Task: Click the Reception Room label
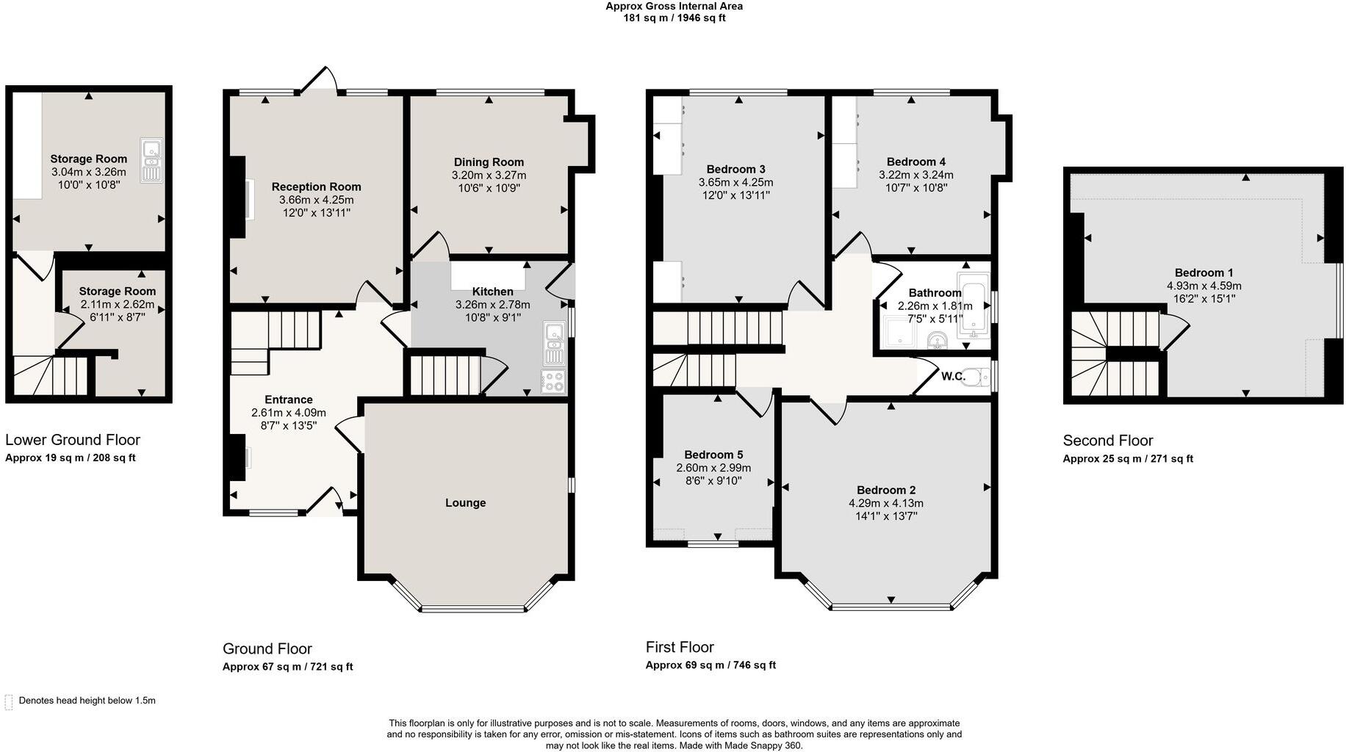point(316,187)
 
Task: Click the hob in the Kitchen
point(553,382)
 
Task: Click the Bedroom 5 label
point(713,455)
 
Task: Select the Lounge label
point(465,503)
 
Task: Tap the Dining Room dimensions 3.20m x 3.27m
point(489,176)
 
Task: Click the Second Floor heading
point(1107,441)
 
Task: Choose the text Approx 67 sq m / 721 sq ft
point(287,667)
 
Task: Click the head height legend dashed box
point(9,701)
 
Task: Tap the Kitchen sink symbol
point(553,344)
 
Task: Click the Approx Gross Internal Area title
point(674,6)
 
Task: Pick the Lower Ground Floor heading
point(72,440)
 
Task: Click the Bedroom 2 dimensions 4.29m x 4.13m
point(885,503)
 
